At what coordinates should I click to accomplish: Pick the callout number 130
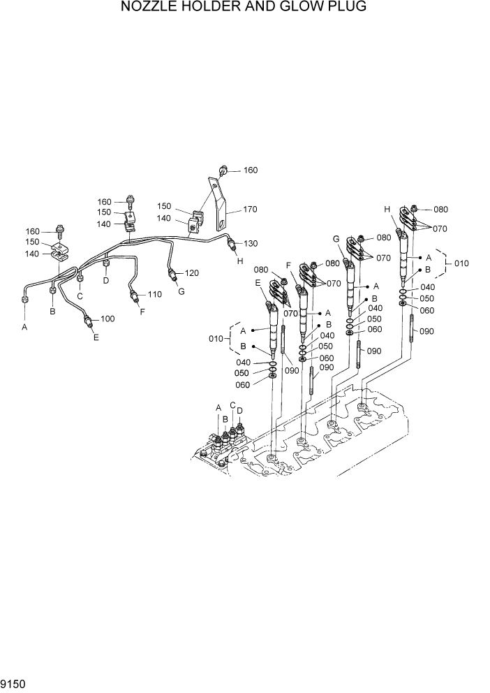coord(250,244)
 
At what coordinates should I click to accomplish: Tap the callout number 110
coord(154,295)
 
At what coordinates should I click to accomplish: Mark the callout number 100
coord(107,319)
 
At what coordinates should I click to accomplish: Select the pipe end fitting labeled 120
coord(172,271)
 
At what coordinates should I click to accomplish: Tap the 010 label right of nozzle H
coord(461,263)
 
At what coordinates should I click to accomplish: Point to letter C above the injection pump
coord(232,405)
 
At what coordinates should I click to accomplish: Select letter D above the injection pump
coord(240,411)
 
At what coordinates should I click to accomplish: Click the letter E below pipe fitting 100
coord(96,337)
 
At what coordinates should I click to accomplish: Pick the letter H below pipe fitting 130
coord(240,261)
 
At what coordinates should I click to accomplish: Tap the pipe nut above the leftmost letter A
coord(24,300)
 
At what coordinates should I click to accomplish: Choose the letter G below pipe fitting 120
coord(181,291)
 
